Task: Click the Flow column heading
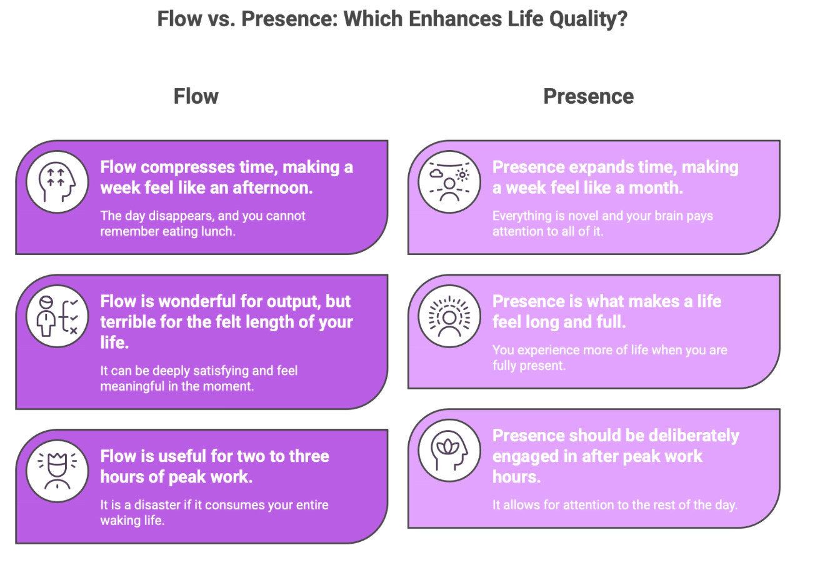(196, 96)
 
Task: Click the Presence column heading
(588, 96)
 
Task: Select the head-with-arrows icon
(57, 182)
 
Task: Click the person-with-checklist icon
(57, 316)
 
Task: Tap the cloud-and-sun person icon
(449, 182)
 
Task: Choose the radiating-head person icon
(449, 316)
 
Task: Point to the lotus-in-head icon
(449, 451)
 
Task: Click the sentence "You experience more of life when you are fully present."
(609, 357)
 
